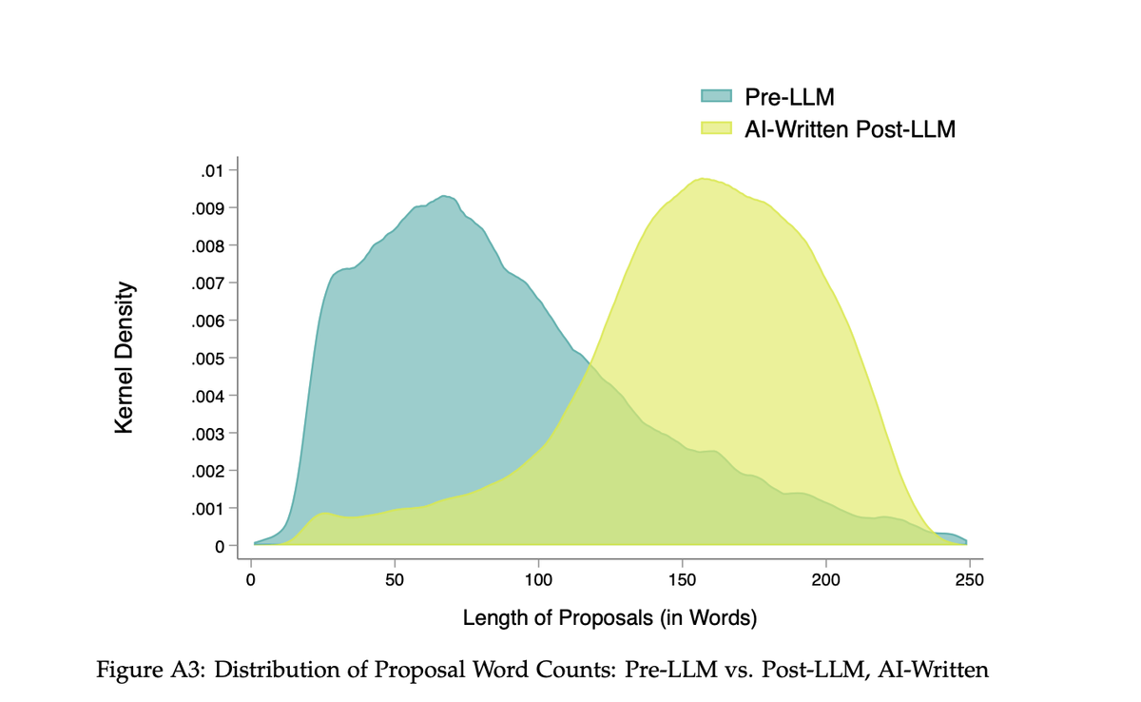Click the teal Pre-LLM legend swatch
[716, 95]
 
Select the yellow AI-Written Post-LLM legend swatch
[716, 128]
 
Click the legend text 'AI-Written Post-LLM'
[850, 128]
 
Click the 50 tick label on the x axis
[395, 579]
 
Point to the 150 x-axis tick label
[682, 579]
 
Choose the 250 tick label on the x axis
[969, 579]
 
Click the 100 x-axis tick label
[538, 579]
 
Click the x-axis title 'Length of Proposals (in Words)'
[609, 618]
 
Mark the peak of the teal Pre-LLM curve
[444, 196]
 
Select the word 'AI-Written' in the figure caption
[937, 670]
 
